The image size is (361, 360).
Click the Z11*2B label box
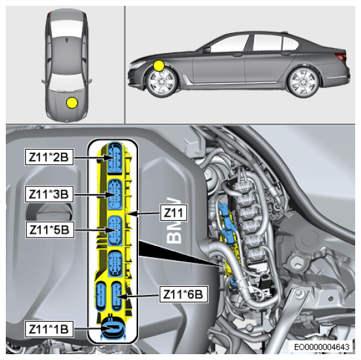pyautogui.click(x=49, y=157)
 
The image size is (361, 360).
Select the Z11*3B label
pyautogui.click(x=49, y=194)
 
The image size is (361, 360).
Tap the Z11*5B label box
pyautogui.click(x=50, y=230)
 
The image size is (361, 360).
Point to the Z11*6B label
pyautogui.click(x=183, y=294)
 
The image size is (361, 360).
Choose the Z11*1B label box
pyautogui.click(x=49, y=329)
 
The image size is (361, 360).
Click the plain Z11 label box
pyautogui.click(x=174, y=213)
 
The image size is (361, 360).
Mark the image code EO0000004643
pyautogui.click(x=321, y=346)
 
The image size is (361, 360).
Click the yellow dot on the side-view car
pyautogui.click(x=159, y=65)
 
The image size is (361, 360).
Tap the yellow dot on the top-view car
pyautogui.click(x=72, y=102)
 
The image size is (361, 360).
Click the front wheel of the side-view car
pyautogui.click(x=162, y=82)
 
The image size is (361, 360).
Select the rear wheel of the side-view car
pyautogui.click(x=304, y=82)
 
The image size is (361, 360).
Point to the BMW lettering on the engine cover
pyautogui.click(x=174, y=220)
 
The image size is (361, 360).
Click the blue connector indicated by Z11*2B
pyautogui.click(x=115, y=157)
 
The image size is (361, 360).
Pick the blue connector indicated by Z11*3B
pyautogui.click(x=115, y=195)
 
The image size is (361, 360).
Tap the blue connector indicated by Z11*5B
pyautogui.click(x=115, y=231)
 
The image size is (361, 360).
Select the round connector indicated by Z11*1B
pyautogui.click(x=112, y=329)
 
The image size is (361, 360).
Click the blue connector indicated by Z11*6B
pyautogui.click(x=117, y=297)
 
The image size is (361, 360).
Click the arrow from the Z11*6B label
pyautogui.click(x=139, y=297)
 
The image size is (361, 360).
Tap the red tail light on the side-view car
pyautogui.click(x=340, y=56)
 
